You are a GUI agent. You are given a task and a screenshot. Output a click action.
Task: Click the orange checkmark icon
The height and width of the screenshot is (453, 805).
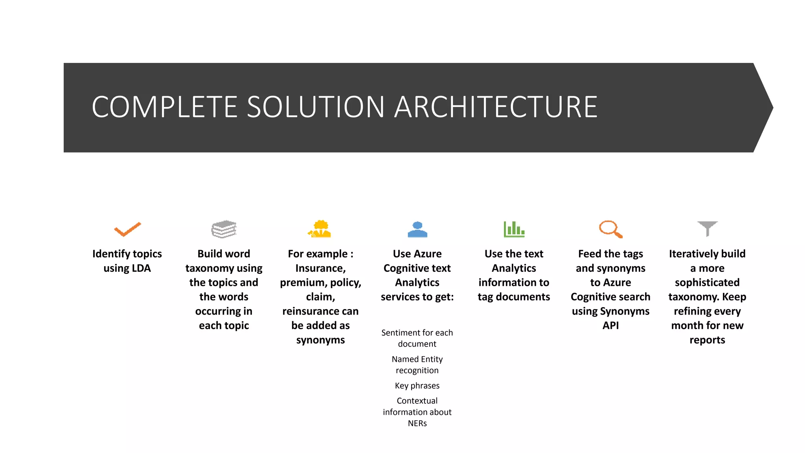coord(127,229)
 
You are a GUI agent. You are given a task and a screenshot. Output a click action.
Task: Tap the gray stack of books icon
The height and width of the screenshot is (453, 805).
coord(224,229)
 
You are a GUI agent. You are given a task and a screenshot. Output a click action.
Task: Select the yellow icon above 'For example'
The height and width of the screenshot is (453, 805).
coord(320,229)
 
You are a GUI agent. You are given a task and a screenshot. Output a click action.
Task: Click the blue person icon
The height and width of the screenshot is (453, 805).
coord(417,229)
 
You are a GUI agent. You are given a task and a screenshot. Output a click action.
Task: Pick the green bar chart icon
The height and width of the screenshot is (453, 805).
coord(514,229)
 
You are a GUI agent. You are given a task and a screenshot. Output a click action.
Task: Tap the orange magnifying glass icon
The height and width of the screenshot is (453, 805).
coord(610,229)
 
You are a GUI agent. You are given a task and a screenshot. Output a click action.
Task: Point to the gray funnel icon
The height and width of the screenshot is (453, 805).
coord(707,228)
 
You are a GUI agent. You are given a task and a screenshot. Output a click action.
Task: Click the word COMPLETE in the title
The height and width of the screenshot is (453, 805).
coord(164,107)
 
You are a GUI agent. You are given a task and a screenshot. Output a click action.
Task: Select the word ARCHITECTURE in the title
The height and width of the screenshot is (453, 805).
coord(496,107)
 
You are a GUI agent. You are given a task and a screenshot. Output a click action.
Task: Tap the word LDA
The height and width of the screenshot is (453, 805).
coord(141,268)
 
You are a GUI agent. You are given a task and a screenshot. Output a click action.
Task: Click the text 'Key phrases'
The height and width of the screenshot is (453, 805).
coord(417,386)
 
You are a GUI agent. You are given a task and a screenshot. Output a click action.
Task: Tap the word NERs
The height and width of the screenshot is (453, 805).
coord(417,424)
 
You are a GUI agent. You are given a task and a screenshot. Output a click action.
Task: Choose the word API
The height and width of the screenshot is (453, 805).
coord(610,326)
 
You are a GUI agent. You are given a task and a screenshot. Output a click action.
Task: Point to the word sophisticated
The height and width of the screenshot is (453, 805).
coord(707,283)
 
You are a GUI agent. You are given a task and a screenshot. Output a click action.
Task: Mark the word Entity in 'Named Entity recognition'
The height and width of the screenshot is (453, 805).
coord(432,359)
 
